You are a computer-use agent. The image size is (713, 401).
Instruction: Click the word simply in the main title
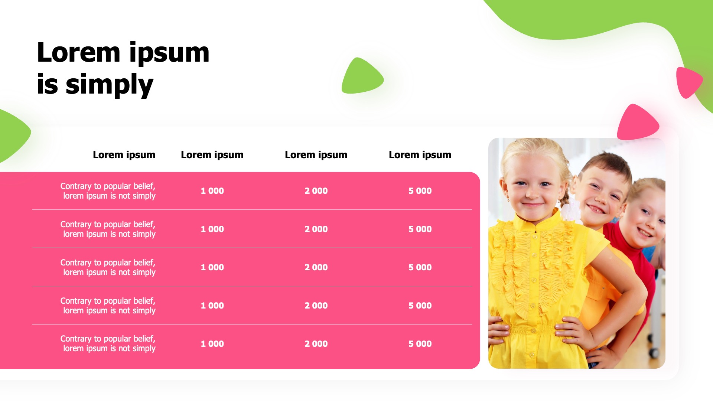110,84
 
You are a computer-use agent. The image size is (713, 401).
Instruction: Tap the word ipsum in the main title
169,53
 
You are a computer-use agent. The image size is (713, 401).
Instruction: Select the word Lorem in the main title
79,52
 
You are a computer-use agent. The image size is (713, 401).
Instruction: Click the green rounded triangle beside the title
362,76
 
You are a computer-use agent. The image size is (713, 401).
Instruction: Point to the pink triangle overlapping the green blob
688,82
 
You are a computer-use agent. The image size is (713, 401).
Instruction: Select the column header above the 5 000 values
420,155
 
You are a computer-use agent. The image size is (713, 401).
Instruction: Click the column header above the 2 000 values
316,155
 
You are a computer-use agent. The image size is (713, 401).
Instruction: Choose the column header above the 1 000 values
212,155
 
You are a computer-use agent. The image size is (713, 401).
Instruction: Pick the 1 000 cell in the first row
212,191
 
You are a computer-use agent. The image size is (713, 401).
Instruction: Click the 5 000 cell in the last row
420,344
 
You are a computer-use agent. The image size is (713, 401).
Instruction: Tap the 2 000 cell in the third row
316,267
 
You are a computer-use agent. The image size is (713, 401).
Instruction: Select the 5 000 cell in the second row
420,229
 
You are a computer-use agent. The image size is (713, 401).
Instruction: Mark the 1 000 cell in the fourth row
212,306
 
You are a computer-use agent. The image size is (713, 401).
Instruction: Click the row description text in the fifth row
108,344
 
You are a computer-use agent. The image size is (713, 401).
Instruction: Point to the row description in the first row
108,191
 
